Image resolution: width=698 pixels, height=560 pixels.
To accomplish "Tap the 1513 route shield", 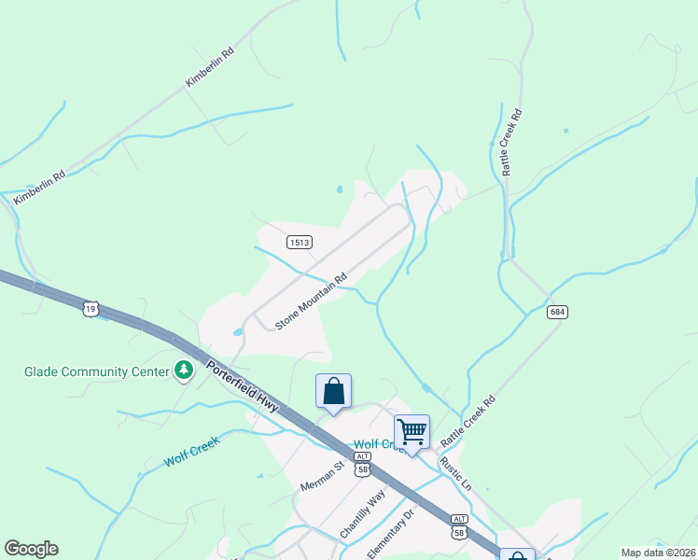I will [300, 243].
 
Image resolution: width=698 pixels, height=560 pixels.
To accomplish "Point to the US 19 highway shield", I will [91, 308].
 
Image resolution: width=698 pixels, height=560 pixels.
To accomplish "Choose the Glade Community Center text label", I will [89, 371].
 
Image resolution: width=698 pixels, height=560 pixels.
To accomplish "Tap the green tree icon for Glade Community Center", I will [185, 371].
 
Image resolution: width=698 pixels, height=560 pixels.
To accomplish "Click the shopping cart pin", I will [412, 432].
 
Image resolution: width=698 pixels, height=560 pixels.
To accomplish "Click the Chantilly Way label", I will [362, 513].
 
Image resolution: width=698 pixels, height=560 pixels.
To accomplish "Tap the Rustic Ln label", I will [456, 473].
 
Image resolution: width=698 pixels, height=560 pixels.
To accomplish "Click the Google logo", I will [31, 549].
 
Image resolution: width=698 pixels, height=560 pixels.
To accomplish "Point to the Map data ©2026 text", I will [658, 553].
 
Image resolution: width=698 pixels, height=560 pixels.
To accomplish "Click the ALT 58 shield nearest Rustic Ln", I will [458, 525].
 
